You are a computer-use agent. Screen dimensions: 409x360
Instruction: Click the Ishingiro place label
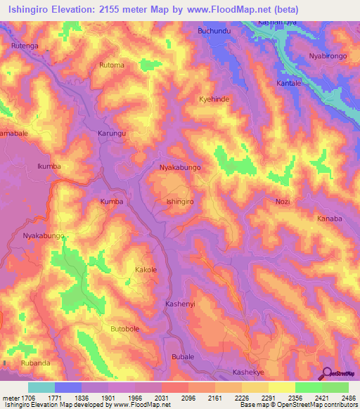179,202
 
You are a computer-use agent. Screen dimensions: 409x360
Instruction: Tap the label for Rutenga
24,46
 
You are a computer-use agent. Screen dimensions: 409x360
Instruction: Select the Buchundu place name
214,32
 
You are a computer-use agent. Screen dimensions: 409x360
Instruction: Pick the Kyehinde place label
214,100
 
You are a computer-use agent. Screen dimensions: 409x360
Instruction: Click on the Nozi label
282,202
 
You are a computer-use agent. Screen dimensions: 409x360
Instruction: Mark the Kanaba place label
329,219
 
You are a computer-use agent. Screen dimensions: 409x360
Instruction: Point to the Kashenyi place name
179,303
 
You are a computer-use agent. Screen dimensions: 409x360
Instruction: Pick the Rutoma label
112,66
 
